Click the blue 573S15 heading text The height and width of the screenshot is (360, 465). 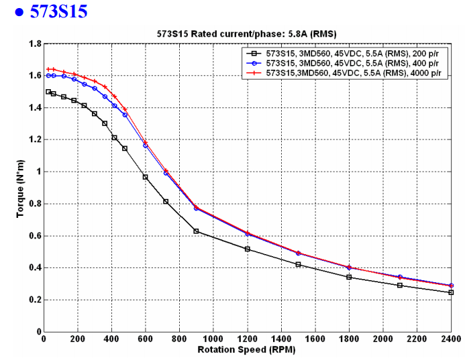(58, 11)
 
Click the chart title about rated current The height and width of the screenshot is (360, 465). (246, 34)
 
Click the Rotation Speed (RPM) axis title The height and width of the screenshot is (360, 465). (247, 349)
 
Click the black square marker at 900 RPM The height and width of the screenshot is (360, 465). (196, 231)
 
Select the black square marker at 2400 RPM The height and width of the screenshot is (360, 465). (451, 292)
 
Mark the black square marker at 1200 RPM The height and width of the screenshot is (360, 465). (247, 249)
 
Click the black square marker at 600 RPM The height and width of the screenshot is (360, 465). (145, 177)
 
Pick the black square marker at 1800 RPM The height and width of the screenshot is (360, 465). (349, 277)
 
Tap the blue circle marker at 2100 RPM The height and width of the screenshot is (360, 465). (400, 277)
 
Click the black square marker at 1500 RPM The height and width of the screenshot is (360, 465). (298, 264)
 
